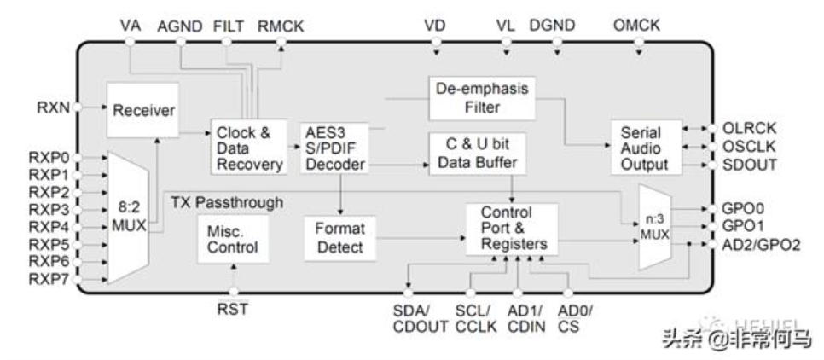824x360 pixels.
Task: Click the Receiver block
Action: tap(143, 110)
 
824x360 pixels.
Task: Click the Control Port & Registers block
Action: tap(512, 228)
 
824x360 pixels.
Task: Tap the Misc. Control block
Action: tap(232, 239)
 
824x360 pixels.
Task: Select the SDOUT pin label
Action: tap(750, 164)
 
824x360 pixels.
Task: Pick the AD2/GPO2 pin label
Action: tap(758, 245)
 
